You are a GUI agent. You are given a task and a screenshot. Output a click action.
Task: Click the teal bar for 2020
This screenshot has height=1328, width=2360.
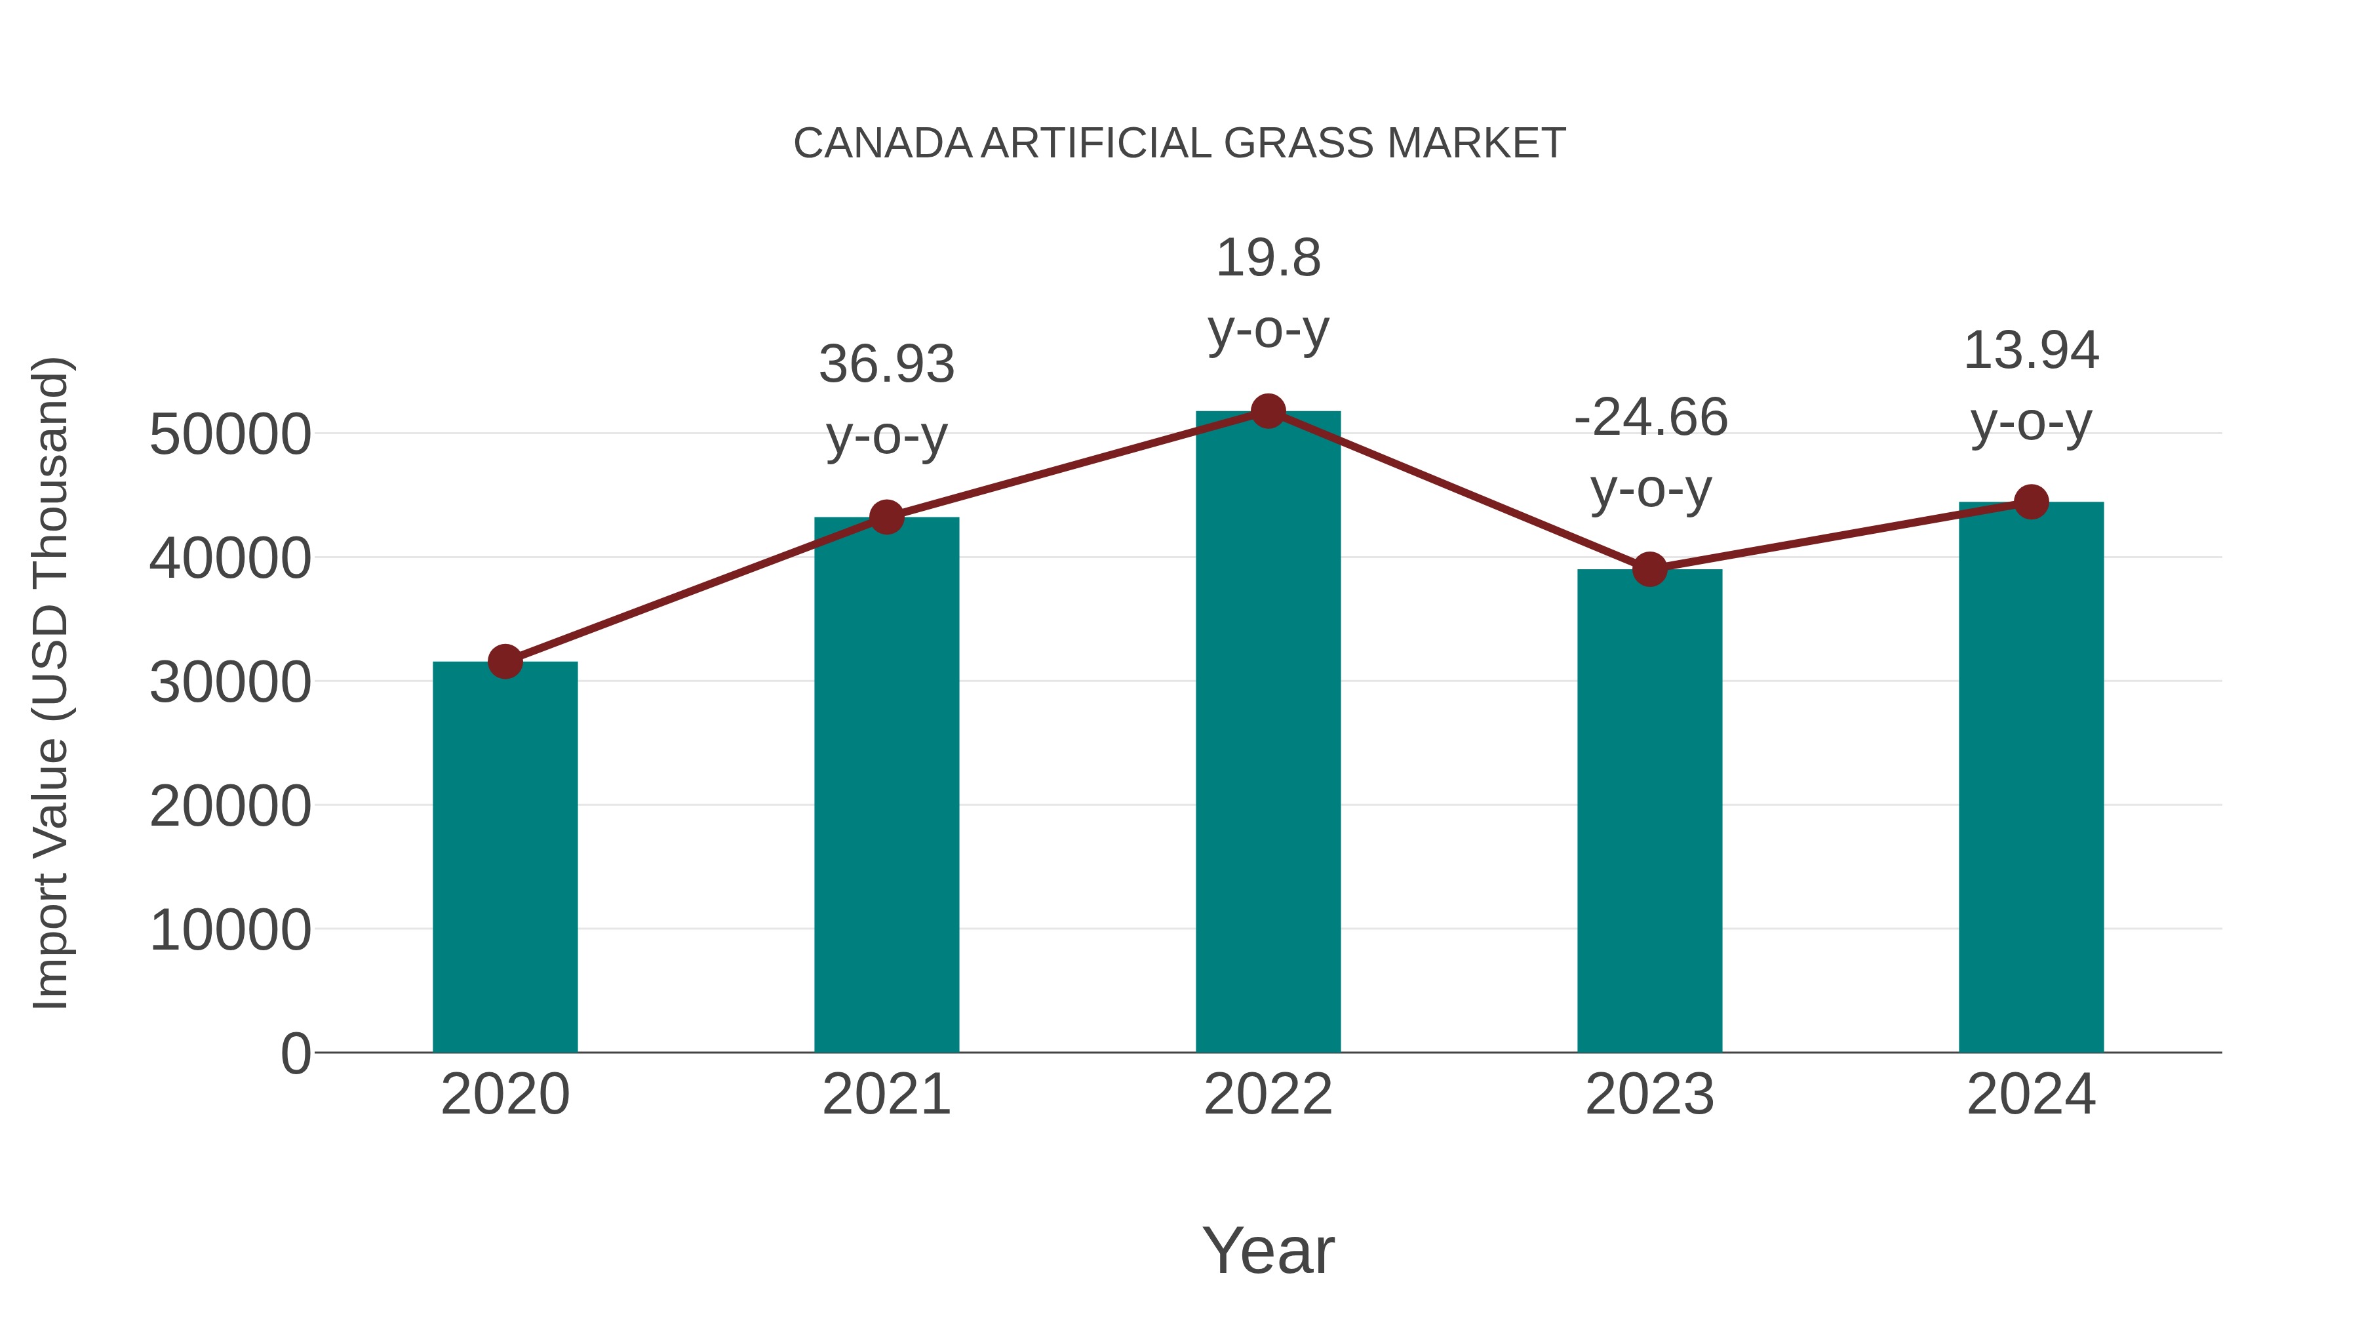point(505,857)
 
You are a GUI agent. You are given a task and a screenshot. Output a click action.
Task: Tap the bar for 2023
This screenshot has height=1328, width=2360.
point(1649,811)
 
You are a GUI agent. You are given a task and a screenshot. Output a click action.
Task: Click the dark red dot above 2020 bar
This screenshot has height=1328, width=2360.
point(505,661)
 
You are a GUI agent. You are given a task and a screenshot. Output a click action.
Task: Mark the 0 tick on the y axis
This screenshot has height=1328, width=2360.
point(296,1054)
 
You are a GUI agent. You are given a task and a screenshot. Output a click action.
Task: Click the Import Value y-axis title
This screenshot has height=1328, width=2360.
point(50,683)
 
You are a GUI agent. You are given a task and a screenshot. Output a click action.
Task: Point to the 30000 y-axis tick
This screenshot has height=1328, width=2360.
point(230,683)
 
